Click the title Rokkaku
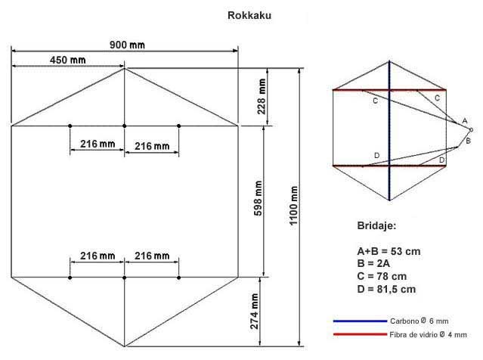[249, 15]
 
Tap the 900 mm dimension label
[127, 45]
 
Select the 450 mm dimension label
[68, 60]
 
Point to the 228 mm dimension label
[262, 97]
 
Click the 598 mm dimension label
[259, 198]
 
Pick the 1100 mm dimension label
[294, 206]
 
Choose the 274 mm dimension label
[255, 312]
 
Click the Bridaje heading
[376, 226]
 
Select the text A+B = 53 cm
[389, 252]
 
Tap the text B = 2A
[373, 264]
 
